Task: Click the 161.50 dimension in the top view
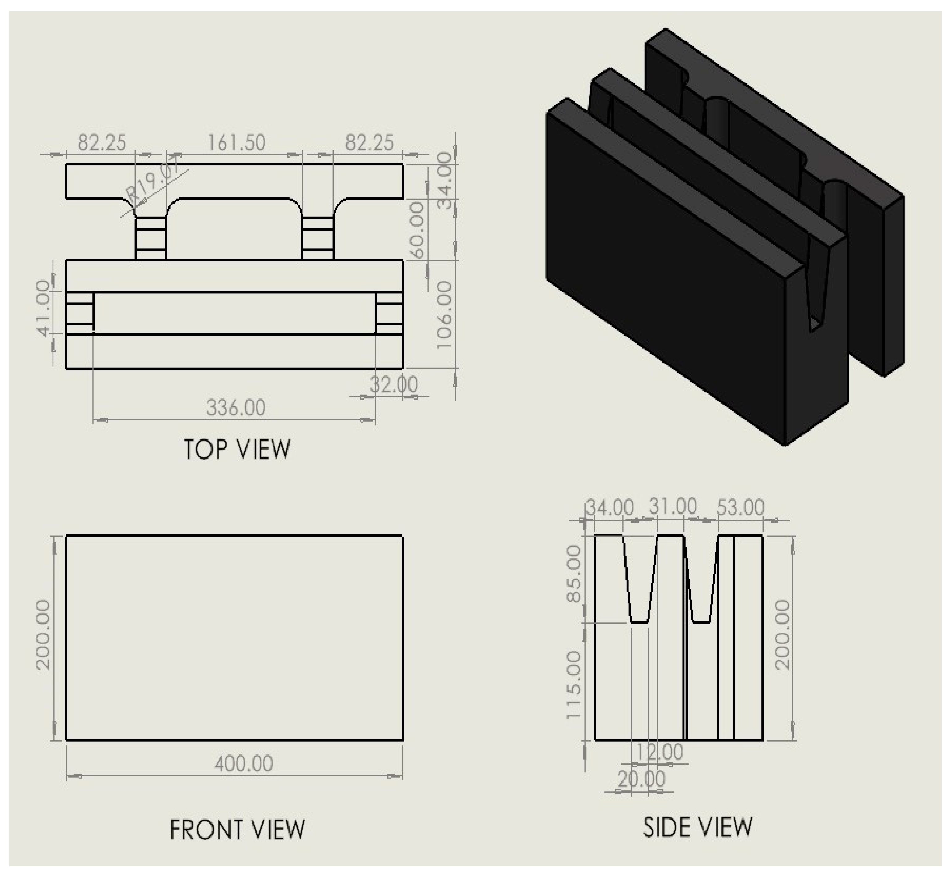[236, 142]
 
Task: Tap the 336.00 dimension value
[236, 408]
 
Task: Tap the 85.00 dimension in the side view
[573, 574]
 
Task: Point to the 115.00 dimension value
[573, 685]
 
